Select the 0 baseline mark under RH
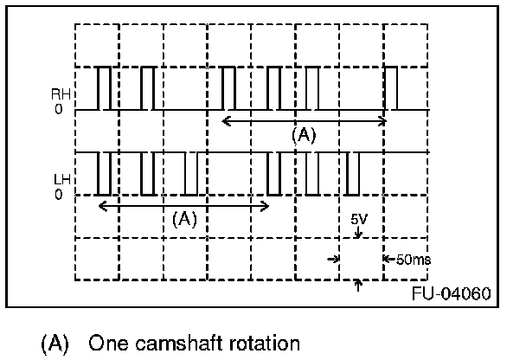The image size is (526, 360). [x=59, y=111]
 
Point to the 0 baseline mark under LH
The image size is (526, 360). [x=59, y=195]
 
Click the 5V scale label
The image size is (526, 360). [x=359, y=221]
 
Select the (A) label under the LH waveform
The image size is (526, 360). [x=184, y=219]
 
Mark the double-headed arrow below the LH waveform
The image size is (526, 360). [x=184, y=205]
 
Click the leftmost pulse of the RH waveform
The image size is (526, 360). [x=104, y=89]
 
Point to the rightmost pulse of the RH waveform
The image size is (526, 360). [x=392, y=89]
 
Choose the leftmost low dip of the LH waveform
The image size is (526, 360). [x=105, y=174]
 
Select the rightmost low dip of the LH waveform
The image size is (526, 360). [x=352, y=174]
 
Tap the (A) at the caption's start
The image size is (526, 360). [x=55, y=343]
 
